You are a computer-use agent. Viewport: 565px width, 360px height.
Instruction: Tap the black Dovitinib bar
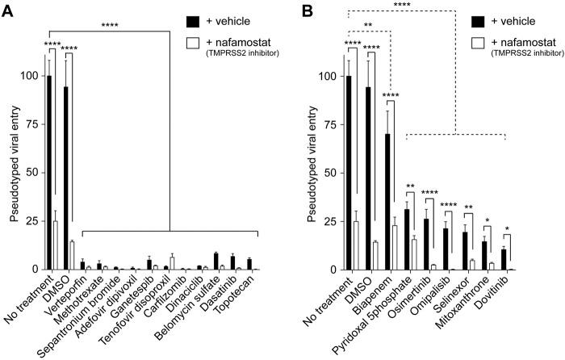[x=504, y=259]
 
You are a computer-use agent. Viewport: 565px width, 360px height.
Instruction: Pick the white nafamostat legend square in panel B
[x=496, y=44]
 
